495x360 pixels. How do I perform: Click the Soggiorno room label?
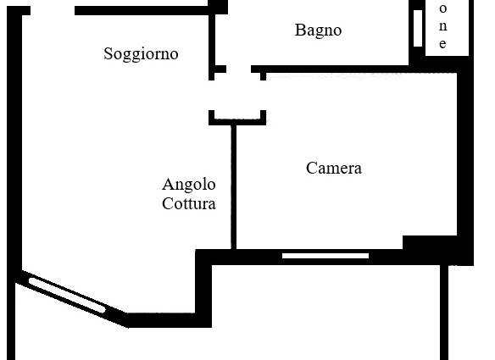pos(141,54)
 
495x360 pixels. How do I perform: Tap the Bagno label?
pos(318,30)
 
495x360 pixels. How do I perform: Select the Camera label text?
pos(334,168)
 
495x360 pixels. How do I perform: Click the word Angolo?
pos(189,185)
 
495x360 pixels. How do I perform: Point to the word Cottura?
pos(189,203)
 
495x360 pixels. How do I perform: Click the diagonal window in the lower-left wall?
pos(67,295)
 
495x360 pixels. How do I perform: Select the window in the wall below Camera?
pos(325,256)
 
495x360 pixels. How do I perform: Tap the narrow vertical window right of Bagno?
pos(418,29)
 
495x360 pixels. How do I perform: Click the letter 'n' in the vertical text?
pos(443,26)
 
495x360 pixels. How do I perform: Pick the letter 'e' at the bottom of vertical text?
pos(443,44)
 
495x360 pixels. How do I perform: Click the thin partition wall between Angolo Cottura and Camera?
pos(234,187)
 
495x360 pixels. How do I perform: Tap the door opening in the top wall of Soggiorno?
pos(53,10)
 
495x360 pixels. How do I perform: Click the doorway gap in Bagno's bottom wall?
pos(239,69)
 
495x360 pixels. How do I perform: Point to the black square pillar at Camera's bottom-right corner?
pos(430,242)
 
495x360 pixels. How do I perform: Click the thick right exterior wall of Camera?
pos(465,164)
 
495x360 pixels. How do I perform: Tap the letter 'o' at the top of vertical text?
pos(443,8)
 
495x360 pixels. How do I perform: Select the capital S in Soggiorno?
pos(108,53)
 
